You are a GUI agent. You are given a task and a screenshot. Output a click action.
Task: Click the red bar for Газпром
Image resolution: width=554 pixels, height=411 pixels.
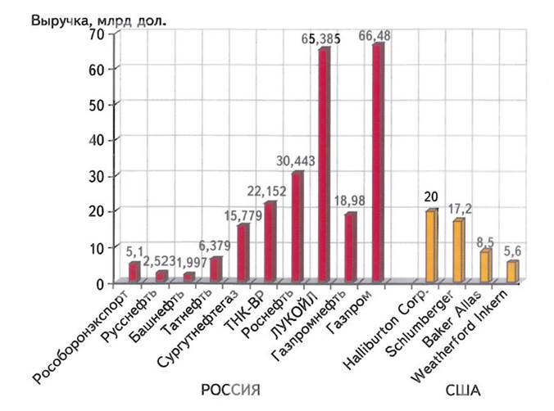click(378, 164)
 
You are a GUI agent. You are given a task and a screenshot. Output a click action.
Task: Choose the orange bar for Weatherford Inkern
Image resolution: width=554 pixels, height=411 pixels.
click(512, 273)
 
